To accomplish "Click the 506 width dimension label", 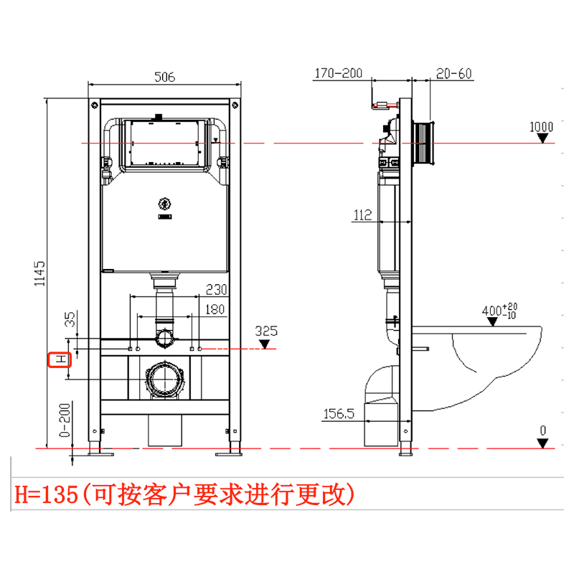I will (x=165, y=76).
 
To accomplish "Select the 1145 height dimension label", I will (x=40, y=273).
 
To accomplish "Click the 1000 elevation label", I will (x=541, y=128).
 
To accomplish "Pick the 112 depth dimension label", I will (x=362, y=213).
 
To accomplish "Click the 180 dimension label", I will (x=215, y=310).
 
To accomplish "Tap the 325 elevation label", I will (x=266, y=331).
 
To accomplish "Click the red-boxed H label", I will (x=59, y=359).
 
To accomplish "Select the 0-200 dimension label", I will (x=65, y=423).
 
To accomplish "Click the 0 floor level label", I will (x=543, y=430).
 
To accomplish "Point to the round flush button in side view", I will (x=425, y=143).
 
